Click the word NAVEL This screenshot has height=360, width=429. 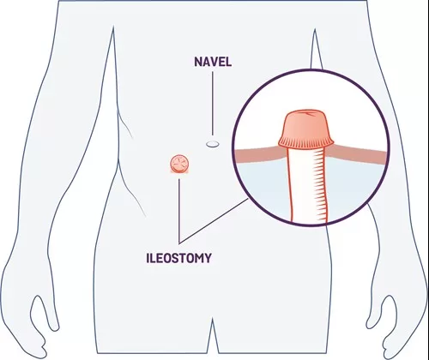(x=213, y=62)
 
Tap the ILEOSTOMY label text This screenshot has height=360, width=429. (x=179, y=258)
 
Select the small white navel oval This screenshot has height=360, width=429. (x=213, y=144)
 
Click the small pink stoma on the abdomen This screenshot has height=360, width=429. (x=179, y=164)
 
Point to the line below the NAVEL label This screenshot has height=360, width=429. (x=213, y=103)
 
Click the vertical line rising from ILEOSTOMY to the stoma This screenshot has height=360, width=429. (x=179, y=211)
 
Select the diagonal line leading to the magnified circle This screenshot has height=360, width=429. (x=214, y=221)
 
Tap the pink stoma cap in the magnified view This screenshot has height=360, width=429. (x=306, y=129)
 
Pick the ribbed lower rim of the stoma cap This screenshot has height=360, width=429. (x=306, y=142)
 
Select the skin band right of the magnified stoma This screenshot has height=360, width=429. (x=357, y=153)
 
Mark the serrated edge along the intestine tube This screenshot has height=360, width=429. (x=321, y=185)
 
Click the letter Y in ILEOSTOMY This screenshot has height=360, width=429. (x=208, y=258)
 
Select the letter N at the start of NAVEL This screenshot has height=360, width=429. (x=198, y=62)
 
